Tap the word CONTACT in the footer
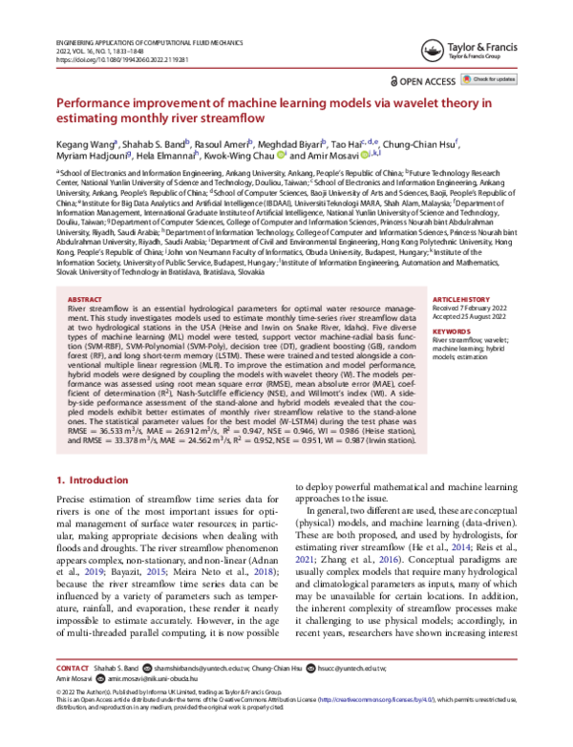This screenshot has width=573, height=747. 73,694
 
